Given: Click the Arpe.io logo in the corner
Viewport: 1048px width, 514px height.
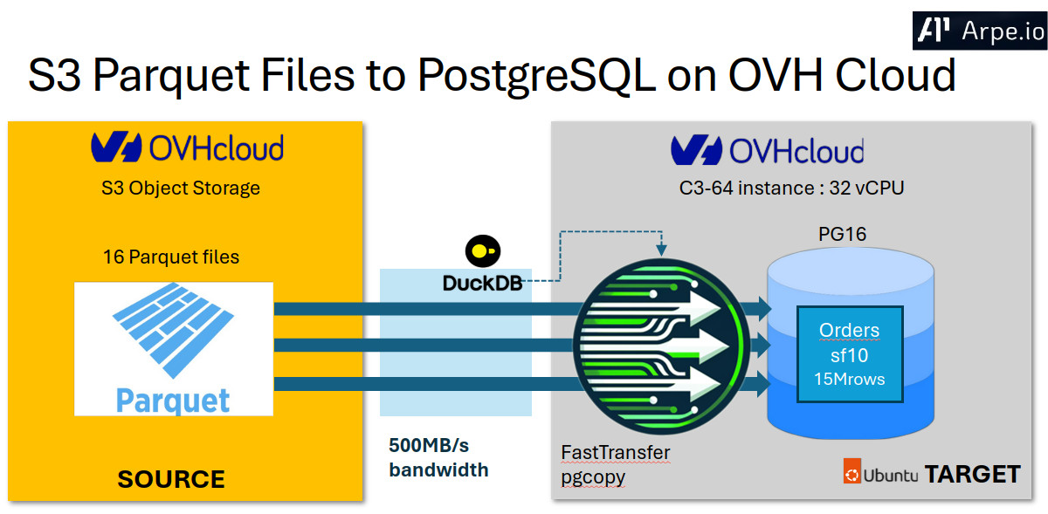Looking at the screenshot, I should coord(979,31).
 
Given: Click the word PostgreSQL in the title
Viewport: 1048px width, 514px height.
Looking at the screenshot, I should coord(535,76).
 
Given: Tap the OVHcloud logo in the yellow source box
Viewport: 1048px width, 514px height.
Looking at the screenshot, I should coord(187,147).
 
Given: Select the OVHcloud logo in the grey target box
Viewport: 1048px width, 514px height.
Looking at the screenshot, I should coord(767,150).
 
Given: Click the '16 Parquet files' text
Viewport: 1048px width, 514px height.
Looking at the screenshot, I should coord(171,257).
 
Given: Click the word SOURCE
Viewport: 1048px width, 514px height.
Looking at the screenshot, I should coord(171,479).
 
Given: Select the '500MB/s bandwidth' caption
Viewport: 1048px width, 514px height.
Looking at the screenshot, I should coord(438,456).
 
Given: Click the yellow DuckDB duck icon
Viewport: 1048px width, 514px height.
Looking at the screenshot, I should coord(480,251).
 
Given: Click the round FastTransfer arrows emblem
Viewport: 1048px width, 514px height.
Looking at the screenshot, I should coord(661,345).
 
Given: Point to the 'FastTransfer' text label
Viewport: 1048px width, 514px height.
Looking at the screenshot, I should coord(615,452).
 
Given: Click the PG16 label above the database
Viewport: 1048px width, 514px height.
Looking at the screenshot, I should coord(842,234).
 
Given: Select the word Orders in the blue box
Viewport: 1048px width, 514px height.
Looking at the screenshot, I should coord(849,331).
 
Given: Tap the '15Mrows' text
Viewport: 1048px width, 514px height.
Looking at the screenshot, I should coord(849,379).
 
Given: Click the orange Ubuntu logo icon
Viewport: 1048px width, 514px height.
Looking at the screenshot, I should coord(851,474).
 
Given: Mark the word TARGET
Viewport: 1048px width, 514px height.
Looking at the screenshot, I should coord(972,474).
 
